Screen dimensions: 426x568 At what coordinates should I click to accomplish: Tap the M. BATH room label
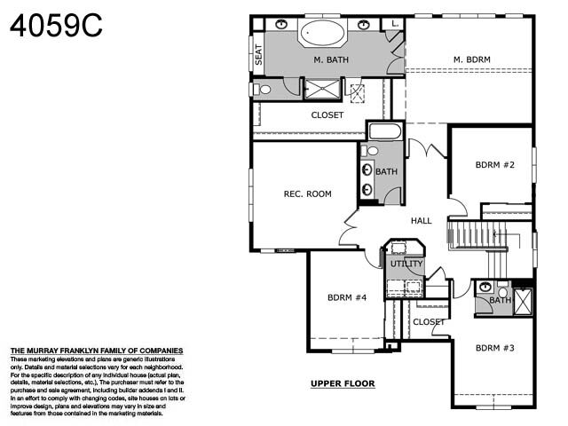(330, 60)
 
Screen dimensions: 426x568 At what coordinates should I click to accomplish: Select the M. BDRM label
(471, 60)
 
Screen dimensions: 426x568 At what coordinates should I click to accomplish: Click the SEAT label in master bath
(259, 56)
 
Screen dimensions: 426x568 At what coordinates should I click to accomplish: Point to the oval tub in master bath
(321, 34)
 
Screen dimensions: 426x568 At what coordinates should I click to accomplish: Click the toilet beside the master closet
(264, 90)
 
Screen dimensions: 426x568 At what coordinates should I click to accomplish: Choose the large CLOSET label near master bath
(327, 115)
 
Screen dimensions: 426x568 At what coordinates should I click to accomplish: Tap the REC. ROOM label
(307, 193)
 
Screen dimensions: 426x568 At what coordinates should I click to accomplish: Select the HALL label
(421, 220)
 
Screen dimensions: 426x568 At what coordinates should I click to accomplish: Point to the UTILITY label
(406, 264)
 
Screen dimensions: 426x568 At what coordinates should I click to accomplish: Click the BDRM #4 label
(346, 298)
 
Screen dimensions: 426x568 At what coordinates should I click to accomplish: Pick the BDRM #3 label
(494, 348)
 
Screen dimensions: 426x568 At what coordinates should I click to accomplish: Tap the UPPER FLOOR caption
(343, 384)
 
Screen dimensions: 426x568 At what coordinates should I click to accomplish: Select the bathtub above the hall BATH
(383, 131)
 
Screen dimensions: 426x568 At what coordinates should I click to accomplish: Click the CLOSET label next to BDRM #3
(430, 322)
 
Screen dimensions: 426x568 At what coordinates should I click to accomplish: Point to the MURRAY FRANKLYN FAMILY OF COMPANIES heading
(96, 351)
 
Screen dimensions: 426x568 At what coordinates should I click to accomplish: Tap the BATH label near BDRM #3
(500, 300)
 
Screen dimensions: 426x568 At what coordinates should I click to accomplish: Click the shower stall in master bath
(322, 88)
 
